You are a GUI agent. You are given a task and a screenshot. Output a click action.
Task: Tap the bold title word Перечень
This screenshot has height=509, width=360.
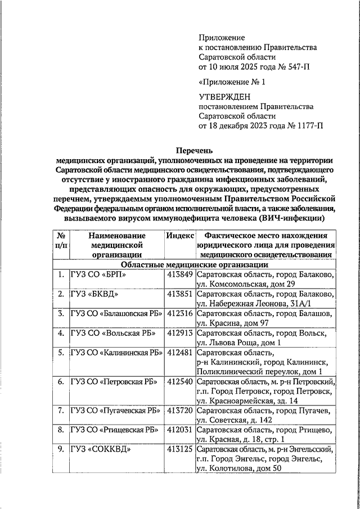coord(195,150)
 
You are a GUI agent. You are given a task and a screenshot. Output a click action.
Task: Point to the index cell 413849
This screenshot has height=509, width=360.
coord(180,274)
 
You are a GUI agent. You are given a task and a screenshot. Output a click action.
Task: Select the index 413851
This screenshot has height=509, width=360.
coord(180,294)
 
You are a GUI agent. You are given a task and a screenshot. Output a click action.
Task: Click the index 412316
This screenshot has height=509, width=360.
coord(180,313)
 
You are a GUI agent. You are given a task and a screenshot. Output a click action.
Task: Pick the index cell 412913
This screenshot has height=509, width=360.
coord(180,333)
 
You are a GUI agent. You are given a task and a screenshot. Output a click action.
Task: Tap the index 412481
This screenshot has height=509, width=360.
coord(180,353)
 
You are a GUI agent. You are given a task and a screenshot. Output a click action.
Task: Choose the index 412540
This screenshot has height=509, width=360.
coord(180,382)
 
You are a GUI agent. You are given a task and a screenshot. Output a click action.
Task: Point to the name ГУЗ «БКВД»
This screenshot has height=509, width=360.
coord(95,294)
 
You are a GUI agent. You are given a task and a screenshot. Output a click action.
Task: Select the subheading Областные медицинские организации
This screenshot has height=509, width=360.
coord(195,264)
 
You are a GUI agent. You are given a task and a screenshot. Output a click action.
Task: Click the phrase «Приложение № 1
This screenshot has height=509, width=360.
coord(232,82)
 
